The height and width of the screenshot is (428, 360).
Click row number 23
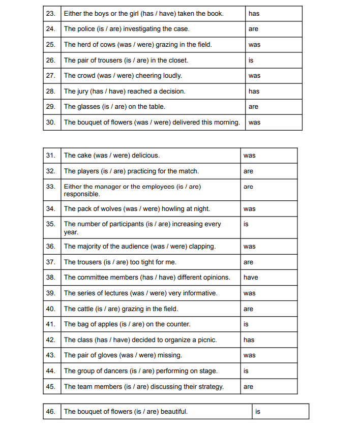click(51, 14)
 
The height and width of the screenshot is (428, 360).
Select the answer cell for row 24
click(274, 29)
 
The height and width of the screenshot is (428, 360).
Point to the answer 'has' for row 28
click(254, 91)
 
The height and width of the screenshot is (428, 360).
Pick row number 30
click(51, 123)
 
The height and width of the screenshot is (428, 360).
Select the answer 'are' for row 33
click(248, 187)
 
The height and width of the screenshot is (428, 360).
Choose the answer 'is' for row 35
click(246, 224)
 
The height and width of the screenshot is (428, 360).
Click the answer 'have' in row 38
click(251, 278)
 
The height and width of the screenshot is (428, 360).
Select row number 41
click(51, 324)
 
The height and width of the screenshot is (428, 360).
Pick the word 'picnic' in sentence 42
click(205, 340)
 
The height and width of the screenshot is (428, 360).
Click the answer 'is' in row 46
click(258, 412)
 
